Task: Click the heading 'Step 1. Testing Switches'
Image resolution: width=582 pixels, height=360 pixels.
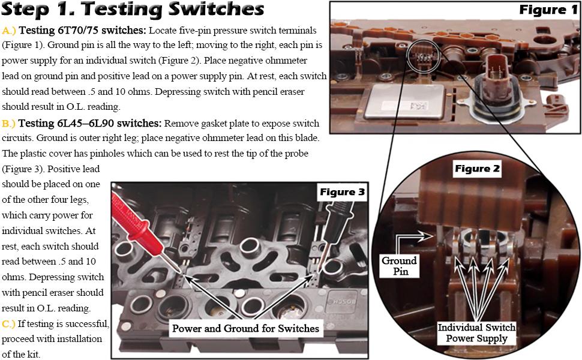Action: [133, 10]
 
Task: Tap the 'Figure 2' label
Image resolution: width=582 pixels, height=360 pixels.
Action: [476, 169]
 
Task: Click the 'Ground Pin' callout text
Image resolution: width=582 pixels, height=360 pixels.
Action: [399, 266]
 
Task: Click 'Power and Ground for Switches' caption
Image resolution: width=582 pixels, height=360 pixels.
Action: [245, 328]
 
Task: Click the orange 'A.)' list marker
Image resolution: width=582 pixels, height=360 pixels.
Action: [9, 30]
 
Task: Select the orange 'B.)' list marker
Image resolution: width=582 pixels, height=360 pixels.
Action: [9, 124]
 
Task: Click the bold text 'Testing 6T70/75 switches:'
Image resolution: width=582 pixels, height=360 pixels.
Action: [82, 30]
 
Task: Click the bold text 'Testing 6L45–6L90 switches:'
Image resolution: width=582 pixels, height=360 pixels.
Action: [90, 124]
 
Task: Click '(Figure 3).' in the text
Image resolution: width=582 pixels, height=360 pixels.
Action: [25, 169]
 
